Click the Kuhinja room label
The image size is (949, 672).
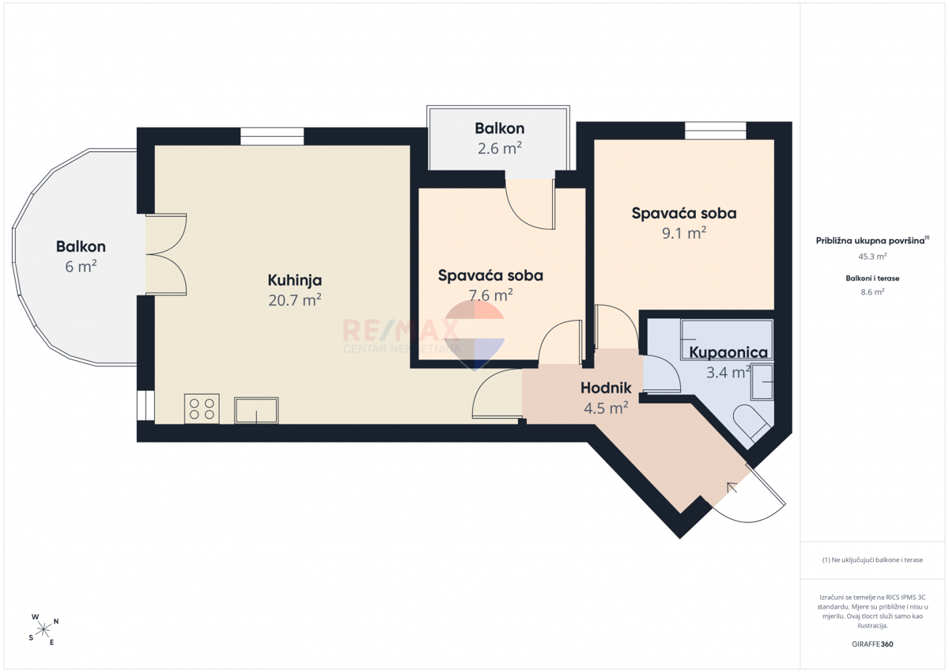[294, 280]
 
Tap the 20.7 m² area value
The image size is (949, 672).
[294, 300]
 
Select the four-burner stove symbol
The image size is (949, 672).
[202, 408]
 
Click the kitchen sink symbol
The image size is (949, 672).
[256, 411]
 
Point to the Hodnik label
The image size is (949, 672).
[606, 388]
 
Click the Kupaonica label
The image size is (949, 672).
[728, 353]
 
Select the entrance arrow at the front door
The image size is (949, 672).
[732, 488]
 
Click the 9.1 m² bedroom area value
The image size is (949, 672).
[684, 233]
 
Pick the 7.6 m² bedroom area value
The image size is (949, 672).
[490, 294]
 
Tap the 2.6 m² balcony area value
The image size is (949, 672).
[500, 148]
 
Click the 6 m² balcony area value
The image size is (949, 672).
[81, 266]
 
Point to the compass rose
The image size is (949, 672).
[43, 630]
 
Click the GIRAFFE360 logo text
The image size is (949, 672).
[872, 644]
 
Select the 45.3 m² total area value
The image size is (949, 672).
[872, 256]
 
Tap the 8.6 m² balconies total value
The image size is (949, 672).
[872, 292]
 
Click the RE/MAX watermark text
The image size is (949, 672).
[400, 331]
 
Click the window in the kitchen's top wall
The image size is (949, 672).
[272, 136]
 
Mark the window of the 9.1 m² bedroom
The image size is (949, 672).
[716, 131]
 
